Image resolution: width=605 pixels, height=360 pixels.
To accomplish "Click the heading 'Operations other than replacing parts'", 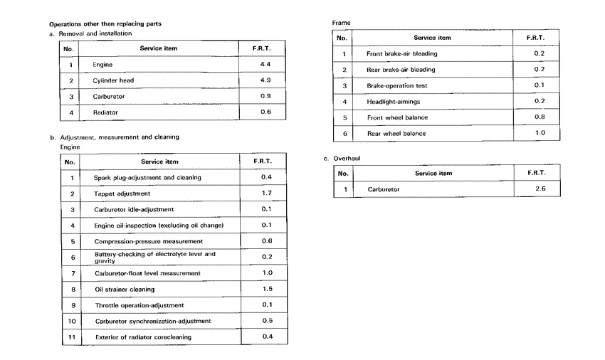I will tap(105, 23).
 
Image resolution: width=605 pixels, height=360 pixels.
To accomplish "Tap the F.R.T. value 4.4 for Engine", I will tap(265, 64).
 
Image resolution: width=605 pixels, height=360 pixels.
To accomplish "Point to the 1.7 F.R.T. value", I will tap(267, 193).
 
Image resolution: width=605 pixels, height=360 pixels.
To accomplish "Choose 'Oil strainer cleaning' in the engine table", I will tap(125, 290).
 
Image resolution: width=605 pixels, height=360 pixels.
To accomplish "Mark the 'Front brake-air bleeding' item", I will tap(401, 53).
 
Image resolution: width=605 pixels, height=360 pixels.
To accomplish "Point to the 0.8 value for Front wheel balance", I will tap(539, 117).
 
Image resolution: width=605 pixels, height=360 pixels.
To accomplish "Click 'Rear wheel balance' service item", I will tap(396, 133).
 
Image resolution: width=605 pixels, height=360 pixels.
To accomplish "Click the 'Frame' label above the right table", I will tap(342, 23).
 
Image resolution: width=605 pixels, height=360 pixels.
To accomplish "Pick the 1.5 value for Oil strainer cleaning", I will tap(267, 289).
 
